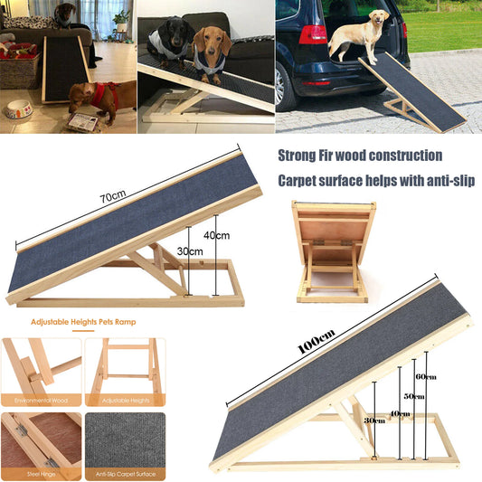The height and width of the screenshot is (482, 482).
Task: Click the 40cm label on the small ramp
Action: pos(218,236)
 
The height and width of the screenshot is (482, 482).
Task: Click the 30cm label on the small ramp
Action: pos(190,251)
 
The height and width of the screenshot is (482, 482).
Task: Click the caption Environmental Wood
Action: pos(41,399)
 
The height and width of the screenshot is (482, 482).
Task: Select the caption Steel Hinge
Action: pos(41,473)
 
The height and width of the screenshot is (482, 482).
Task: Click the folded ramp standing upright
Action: pos(333,251)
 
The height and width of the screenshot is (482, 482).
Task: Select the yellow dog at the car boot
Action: pos(359,37)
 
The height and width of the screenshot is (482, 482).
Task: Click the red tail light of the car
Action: pos(312,34)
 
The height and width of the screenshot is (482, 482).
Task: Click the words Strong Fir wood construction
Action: pos(359,156)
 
